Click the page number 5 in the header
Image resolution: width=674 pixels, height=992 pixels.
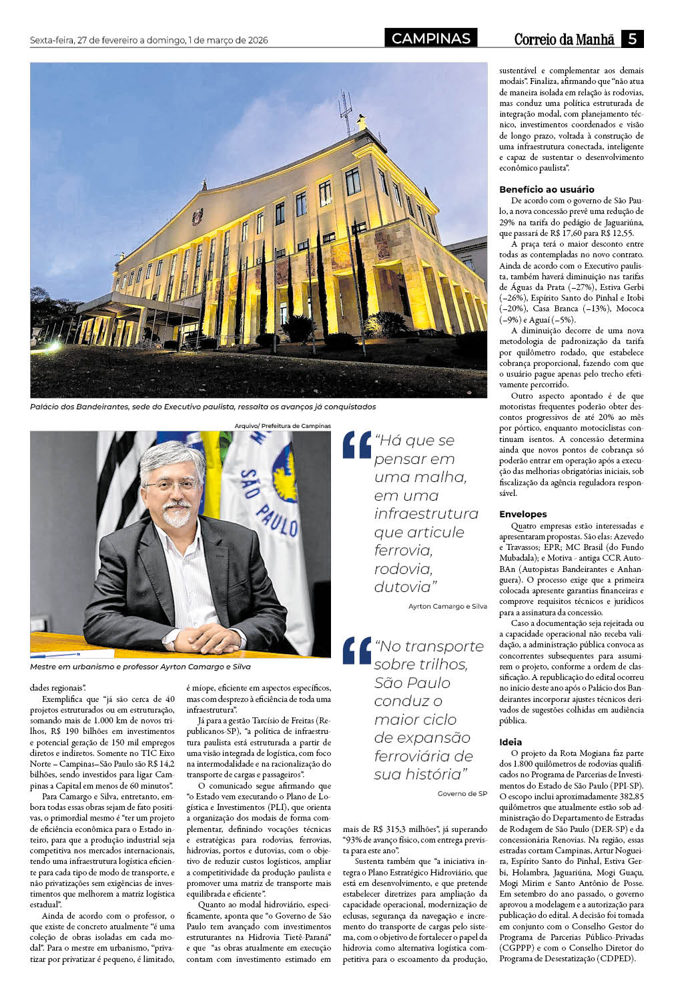point(631,39)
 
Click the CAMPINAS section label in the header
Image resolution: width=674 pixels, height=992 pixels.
point(430,39)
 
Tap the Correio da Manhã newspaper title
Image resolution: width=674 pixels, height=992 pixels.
point(563,39)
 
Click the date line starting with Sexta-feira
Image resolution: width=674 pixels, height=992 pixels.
point(149,41)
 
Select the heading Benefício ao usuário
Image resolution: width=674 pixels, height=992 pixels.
point(547,189)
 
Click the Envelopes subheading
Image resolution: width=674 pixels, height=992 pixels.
point(523,514)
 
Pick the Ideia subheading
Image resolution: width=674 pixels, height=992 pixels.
point(511,742)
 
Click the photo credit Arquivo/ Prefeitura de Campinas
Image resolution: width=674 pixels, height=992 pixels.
point(282,425)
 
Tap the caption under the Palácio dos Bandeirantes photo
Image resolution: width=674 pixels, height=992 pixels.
point(203,407)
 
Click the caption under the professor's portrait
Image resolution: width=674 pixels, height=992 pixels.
point(140,667)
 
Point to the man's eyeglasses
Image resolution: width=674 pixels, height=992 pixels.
point(171,483)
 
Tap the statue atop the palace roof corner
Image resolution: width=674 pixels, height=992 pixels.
point(362,122)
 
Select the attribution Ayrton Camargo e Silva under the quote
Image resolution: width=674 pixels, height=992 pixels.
point(447,607)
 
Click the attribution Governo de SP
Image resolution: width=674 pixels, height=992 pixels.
point(462,794)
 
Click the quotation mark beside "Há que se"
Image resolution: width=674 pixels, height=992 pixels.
point(356,445)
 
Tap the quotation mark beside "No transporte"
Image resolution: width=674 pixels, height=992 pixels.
point(356,651)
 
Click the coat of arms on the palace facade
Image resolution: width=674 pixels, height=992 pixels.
point(197,216)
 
